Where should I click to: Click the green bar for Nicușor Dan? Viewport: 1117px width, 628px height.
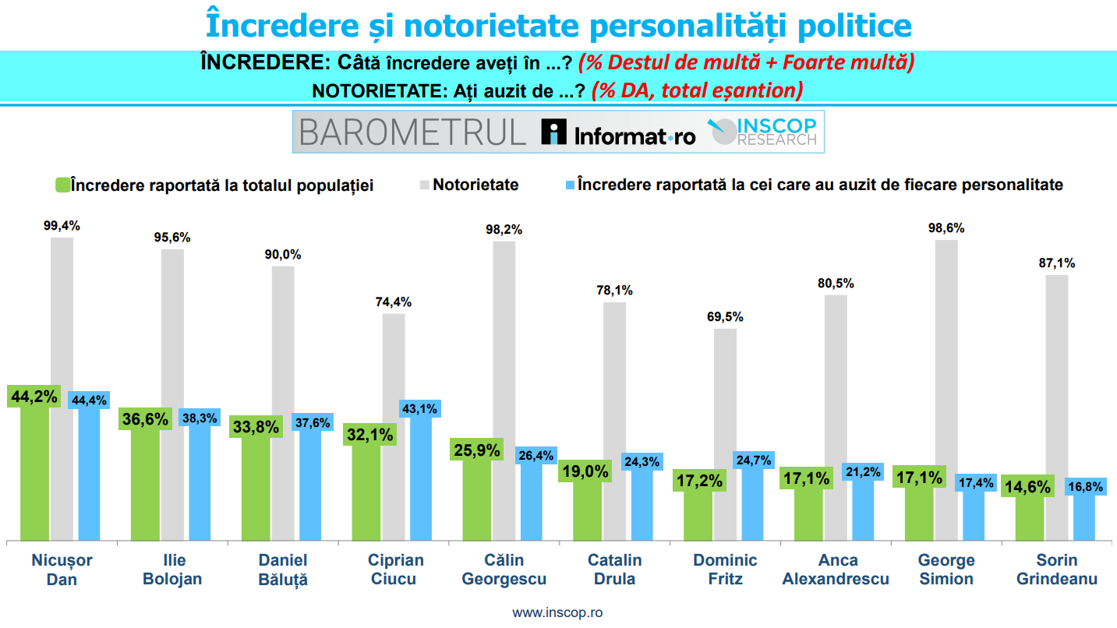(x=34, y=475)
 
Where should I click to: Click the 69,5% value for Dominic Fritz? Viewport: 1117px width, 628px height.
(x=724, y=317)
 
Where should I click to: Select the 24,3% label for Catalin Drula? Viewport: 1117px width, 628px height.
(x=642, y=462)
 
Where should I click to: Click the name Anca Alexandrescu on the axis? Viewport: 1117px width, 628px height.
(x=835, y=570)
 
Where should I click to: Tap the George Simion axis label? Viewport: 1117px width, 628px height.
(x=946, y=570)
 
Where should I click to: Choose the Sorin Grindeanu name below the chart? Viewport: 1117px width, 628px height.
(x=1056, y=570)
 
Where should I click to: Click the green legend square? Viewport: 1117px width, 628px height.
(x=62, y=185)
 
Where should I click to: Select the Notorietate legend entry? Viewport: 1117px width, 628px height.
(x=475, y=185)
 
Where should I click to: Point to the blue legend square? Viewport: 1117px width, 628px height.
(x=569, y=185)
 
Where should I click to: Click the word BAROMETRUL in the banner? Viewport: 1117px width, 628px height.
(x=412, y=132)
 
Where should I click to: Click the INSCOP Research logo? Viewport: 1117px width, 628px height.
(x=763, y=132)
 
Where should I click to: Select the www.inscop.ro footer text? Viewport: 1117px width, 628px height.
(x=557, y=612)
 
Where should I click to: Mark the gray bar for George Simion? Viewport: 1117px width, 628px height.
(x=946, y=390)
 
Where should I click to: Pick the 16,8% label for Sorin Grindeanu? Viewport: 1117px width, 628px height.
(x=1084, y=486)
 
